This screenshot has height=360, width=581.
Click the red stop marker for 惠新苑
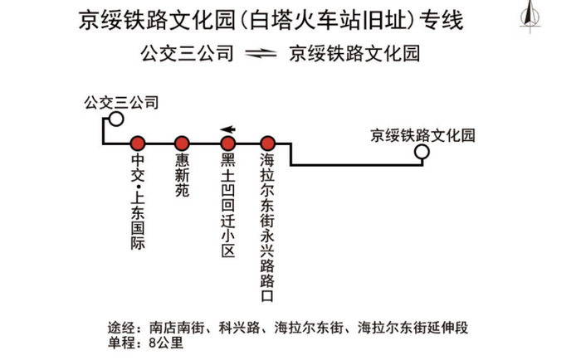click(182, 144)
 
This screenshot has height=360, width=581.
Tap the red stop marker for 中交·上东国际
click(138, 144)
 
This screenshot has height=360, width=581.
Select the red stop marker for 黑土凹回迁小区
click(228, 144)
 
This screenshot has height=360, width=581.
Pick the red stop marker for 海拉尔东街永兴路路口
click(267, 144)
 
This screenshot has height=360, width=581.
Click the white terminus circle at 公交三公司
click(116, 119)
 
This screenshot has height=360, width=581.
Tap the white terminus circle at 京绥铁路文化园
click(422, 152)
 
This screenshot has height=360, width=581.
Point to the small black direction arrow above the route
click(228, 129)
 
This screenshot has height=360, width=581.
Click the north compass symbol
click(530, 17)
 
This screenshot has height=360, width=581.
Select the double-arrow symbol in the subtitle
click(261, 54)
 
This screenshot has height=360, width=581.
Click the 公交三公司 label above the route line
click(121, 103)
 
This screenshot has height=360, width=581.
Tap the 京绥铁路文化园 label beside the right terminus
click(422, 135)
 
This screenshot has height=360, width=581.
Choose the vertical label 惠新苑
click(182, 175)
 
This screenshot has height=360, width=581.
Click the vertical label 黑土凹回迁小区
click(228, 205)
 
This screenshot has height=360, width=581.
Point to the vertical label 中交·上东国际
click(138, 202)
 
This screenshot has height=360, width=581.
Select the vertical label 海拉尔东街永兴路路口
click(267, 227)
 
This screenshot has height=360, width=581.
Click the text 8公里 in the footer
click(166, 343)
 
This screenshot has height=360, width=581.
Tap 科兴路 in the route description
click(239, 328)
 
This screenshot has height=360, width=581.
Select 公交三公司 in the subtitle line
click(187, 54)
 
